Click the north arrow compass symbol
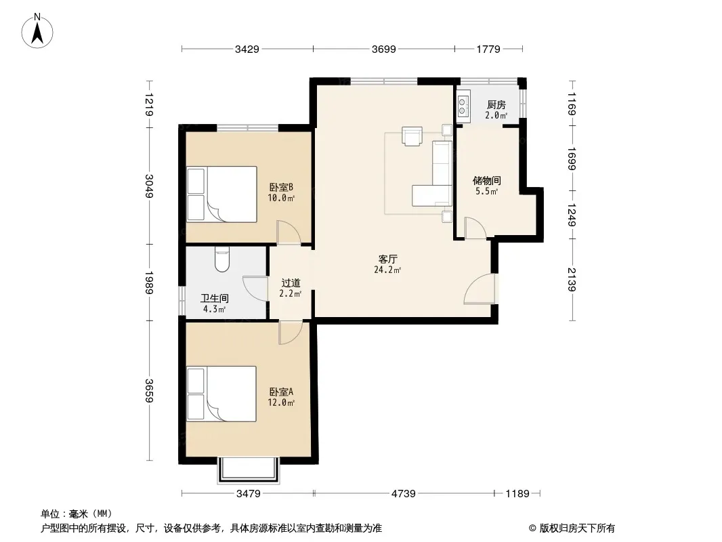pyautogui.click(x=37, y=31)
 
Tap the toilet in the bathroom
pyautogui.click(x=222, y=259)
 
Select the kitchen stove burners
pyautogui.click(x=463, y=106)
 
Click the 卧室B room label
pyautogui.click(x=281, y=188)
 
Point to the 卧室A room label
pyautogui.click(x=281, y=392)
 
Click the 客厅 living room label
pyautogui.click(x=387, y=259)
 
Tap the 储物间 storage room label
pyautogui.click(x=487, y=180)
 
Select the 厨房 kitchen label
pyautogui.click(x=496, y=105)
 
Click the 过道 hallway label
pyautogui.click(x=291, y=283)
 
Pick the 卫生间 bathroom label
pyautogui.click(x=215, y=298)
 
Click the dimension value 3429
pyautogui.click(x=247, y=49)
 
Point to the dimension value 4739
pyautogui.click(x=404, y=494)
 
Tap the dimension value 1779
pyautogui.click(x=488, y=49)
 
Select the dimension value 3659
pyautogui.click(x=149, y=390)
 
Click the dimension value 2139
pyautogui.click(x=572, y=280)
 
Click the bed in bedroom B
pyautogui.click(x=221, y=194)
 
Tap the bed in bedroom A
pyautogui.click(x=221, y=394)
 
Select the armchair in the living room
pyautogui.click(x=412, y=136)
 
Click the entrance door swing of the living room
pyautogui.click(x=480, y=289)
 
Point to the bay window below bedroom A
pyautogui.click(x=249, y=470)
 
